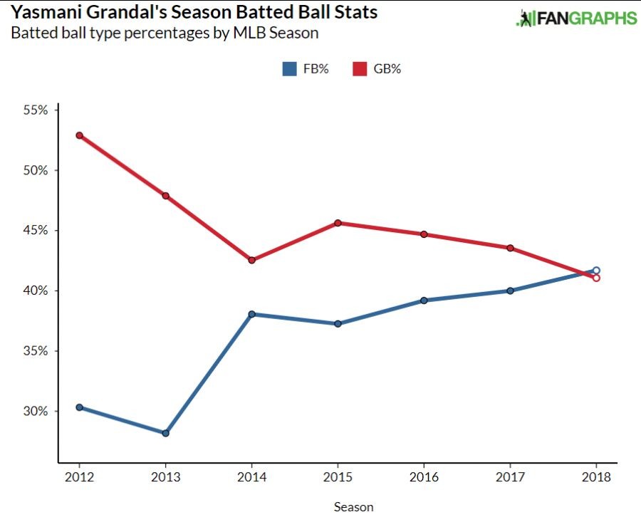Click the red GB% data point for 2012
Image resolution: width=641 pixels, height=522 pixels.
[x=79, y=135]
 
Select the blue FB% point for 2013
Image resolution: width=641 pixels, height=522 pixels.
[x=165, y=433]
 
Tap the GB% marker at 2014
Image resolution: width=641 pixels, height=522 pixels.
[x=251, y=260]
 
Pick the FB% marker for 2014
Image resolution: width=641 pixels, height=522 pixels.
[x=251, y=314]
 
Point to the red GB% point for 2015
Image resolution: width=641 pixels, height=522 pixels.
[x=338, y=223]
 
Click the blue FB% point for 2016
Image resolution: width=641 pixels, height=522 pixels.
[x=424, y=301]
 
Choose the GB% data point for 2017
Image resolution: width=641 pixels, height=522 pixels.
[x=510, y=248]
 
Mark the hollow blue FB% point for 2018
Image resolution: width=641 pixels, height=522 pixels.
[x=596, y=271]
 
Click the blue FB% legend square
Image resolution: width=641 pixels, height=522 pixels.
[x=289, y=69]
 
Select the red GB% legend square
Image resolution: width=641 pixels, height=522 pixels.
[x=360, y=69]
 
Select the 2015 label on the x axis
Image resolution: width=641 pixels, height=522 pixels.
[x=338, y=478]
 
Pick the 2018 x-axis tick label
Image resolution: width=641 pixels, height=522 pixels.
[x=596, y=478]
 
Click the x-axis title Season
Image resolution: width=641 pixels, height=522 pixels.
[x=353, y=507]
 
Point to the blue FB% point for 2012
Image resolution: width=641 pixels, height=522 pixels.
[x=79, y=407]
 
